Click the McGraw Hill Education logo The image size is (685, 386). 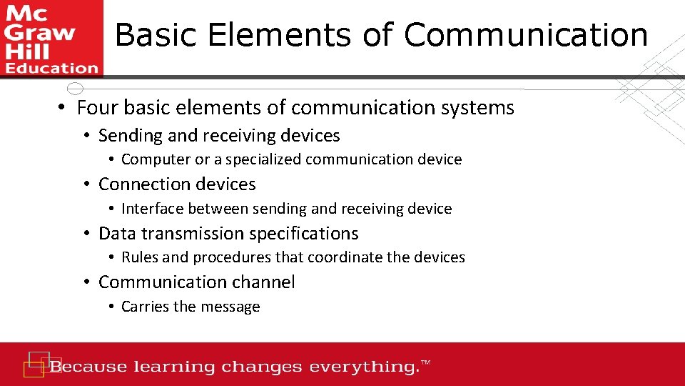point(51,38)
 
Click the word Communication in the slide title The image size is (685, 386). point(527,34)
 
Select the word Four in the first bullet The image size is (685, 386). point(97,108)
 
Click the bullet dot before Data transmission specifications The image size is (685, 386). point(86,234)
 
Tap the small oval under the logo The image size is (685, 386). point(74,89)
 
